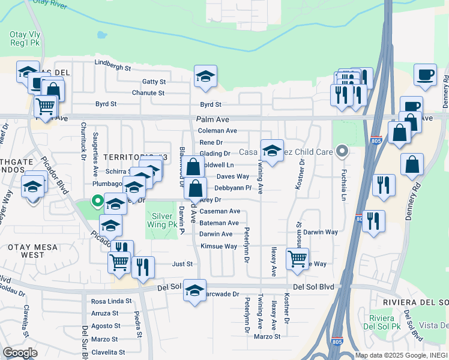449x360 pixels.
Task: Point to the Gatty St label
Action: click(x=154, y=82)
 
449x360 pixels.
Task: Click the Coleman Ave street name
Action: click(x=217, y=130)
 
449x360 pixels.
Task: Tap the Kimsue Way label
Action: click(x=218, y=246)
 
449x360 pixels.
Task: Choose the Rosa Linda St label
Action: click(x=110, y=301)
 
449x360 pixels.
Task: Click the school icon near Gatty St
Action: click(x=205, y=77)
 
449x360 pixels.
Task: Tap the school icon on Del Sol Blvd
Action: click(x=194, y=291)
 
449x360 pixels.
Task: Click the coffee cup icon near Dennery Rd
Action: click(x=425, y=75)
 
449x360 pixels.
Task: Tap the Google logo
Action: click(x=20, y=352)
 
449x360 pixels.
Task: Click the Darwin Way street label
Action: click(x=320, y=232)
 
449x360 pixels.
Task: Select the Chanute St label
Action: click(x=148, y=93)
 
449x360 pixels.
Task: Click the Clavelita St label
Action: click(x=108, y=352)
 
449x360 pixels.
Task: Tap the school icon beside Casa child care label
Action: click(x=271, y=151)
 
